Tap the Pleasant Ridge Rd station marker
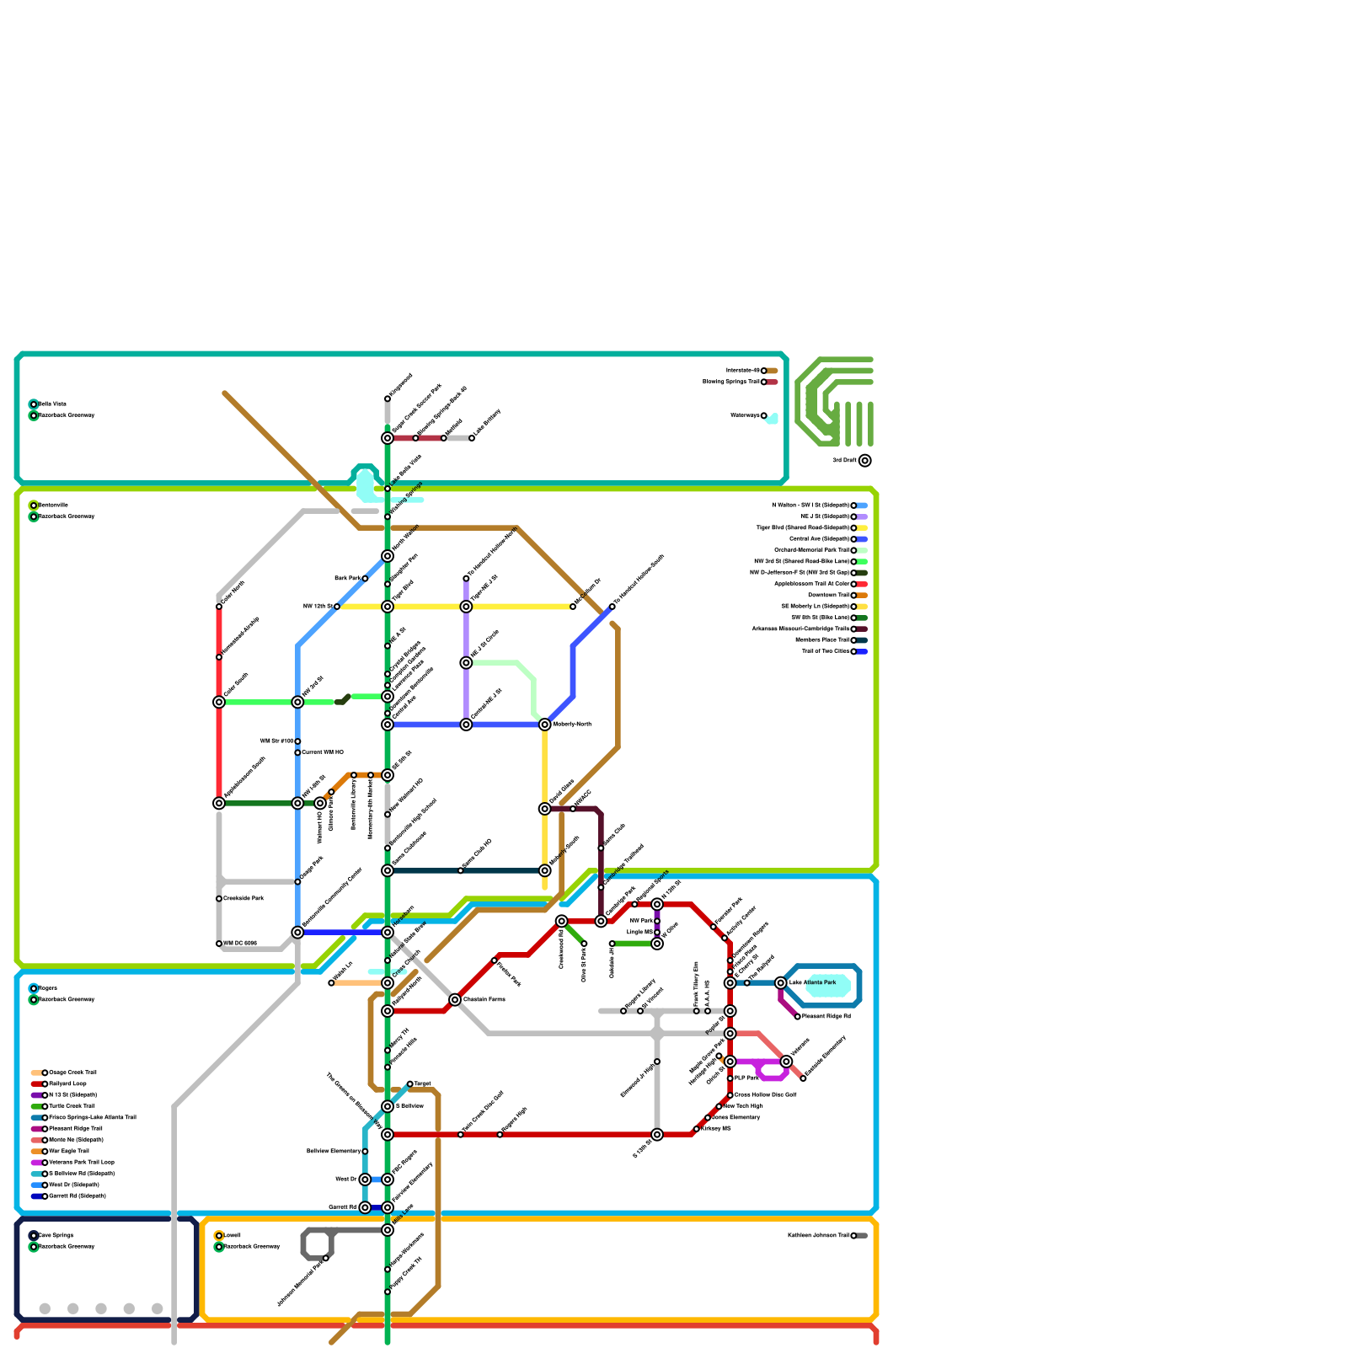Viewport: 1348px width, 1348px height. (798, 1017)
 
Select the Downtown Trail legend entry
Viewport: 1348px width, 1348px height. (829, 596)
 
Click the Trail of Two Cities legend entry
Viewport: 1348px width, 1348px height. (826, 651)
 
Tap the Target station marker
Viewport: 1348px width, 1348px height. (410, 1084)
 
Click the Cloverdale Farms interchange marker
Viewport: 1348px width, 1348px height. (455, 1000)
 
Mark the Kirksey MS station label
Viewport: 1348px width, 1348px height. (715, 1129)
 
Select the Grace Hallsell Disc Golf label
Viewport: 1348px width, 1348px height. (765, 1095)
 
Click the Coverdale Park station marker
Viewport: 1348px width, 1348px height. (219, 899)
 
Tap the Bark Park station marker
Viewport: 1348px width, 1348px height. (365, 579)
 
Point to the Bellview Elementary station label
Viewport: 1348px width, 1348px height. (334, 1151)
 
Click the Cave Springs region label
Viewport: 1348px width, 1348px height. (56, 1236)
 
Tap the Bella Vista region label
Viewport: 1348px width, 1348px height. (52, 404)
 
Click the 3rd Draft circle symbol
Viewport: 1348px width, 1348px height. (865, 461)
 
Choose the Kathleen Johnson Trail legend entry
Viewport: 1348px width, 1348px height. (818, 1236)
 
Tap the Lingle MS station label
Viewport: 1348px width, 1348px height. (639, 933)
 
